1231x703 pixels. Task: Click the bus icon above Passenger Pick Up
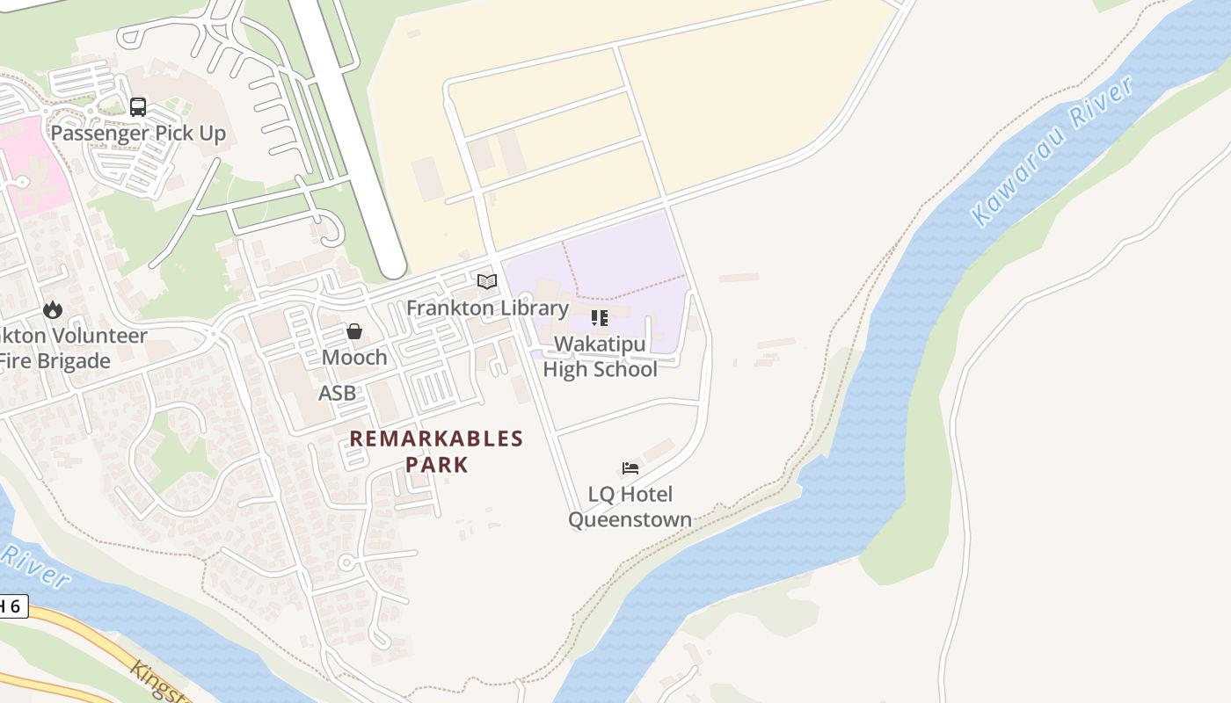(138, 107)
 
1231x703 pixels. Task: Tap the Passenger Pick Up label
(138, 134)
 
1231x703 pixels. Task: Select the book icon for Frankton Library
(487, 282)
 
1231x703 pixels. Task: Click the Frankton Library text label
(487, 308)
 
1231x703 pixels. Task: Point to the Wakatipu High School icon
(600, 317)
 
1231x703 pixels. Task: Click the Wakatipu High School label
(600, 357)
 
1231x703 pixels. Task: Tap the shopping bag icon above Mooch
(354, 331)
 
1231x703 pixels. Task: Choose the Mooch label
(354, 358)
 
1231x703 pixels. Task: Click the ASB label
(338, 393)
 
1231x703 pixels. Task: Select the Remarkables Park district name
(436, 451)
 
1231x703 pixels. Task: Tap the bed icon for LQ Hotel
(630, 468)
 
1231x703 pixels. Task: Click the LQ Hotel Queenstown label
(630, 507)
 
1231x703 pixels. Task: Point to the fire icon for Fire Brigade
(53, 309)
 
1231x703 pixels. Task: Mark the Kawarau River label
(1053, 151)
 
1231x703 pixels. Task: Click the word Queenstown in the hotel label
(630, 519)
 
